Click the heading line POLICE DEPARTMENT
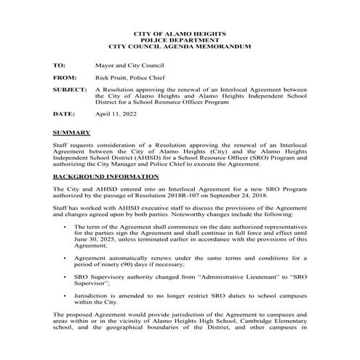(180, 40)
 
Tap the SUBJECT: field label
(71, 90)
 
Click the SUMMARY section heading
(71, 133)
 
